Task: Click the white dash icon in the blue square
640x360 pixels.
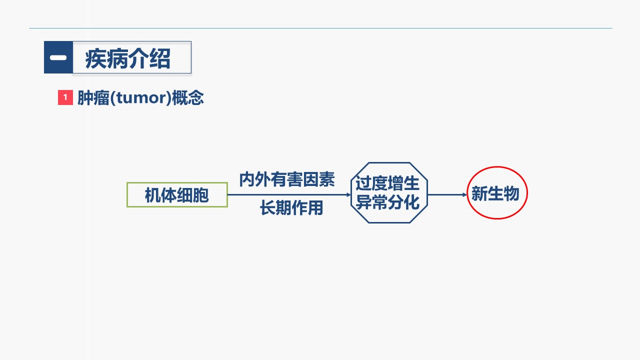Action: click(58, 57)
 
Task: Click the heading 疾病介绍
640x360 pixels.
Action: click(127, 58)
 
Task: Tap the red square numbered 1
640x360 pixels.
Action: click(65, 97)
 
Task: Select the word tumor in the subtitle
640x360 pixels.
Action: click(140, 98)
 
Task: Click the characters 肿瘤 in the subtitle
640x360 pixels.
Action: click(93, 98)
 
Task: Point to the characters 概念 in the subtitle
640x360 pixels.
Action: click(187, 98)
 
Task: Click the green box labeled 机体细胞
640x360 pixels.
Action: click(177, 194)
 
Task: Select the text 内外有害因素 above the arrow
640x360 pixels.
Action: click(287, 179)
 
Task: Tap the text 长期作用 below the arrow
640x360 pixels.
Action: click(291, 207)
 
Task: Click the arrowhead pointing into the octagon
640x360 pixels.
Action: click(348, 195)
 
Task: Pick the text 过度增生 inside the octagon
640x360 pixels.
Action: click(387, 183)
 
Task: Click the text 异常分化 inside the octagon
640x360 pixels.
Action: click(387, 202)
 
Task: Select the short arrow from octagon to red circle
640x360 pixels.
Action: click(447, 195)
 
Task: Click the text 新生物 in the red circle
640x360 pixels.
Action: click(495, 193)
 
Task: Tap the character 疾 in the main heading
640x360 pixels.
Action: click(95, 58)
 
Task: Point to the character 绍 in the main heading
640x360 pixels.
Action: click(160, 58)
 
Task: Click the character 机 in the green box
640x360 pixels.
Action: click(153, 195)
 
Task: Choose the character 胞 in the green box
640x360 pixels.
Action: click(200, 195)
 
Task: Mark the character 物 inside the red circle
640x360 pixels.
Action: click(511, 193)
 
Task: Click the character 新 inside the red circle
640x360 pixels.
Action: click(479, 193)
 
